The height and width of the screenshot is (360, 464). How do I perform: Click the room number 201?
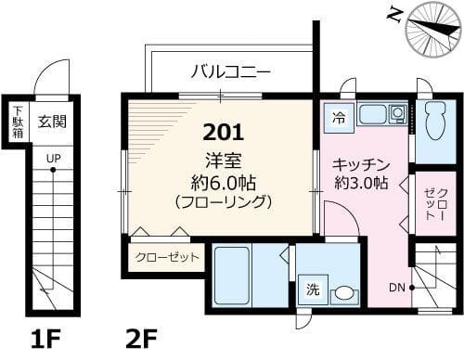(219, 131)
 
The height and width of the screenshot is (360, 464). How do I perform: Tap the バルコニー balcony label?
(230, 71)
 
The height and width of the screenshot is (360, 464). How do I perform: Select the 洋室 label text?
(221, 158)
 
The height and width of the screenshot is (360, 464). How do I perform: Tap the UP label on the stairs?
(53, 159)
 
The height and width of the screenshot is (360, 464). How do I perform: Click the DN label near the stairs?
(396, 288)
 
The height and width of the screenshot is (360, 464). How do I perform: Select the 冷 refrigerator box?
(339, 118)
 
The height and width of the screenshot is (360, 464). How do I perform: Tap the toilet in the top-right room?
(434, 120)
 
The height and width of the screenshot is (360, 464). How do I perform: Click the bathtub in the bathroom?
(232, 274)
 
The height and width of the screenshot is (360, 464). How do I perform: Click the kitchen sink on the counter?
(373, 114)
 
